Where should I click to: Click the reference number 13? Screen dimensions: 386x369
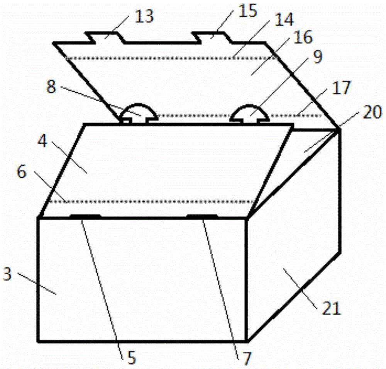144,16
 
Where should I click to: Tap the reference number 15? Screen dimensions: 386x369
248,11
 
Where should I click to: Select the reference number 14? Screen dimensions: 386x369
284,20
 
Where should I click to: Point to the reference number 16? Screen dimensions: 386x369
304,37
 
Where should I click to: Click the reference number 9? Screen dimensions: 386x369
318,57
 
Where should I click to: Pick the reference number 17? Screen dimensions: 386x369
341,88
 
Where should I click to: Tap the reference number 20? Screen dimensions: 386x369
372,112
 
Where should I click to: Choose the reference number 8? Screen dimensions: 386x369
51,87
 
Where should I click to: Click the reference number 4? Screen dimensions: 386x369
42,141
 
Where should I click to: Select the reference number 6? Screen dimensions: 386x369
22,172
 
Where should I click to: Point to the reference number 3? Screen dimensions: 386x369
7,274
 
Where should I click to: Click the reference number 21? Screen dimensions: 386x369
332,308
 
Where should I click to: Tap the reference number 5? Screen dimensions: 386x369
132,358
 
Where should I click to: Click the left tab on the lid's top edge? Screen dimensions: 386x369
105,37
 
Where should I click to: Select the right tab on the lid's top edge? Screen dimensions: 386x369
212,37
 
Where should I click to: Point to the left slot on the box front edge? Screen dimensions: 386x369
86,216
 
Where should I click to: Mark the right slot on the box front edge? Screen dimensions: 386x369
202,216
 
